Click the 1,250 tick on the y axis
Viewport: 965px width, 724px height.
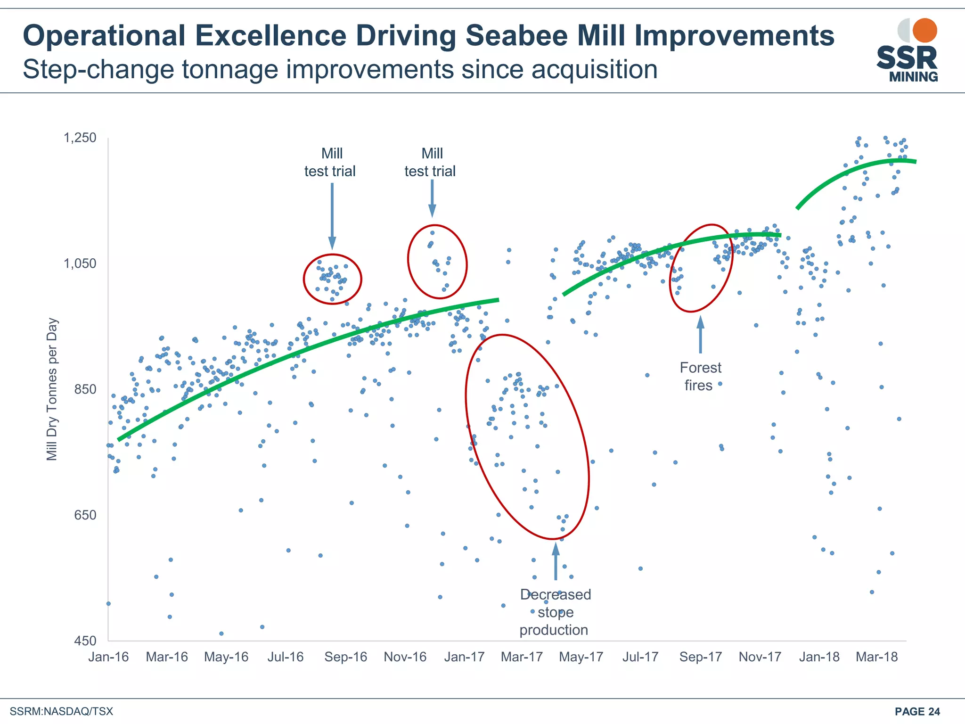[x=80, y=138]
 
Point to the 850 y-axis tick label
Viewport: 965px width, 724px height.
[x=85, y=389]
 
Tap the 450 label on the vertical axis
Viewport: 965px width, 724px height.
[x=85, y=641]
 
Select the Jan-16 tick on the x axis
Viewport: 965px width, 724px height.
[x=108, y=657]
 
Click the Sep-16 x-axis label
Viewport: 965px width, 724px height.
[x=345, y=657]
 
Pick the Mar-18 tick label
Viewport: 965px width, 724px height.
[x=876, y=657]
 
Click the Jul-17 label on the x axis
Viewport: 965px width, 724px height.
[x=640, y=657]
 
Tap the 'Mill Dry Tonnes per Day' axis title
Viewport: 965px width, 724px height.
[x=52, y=389]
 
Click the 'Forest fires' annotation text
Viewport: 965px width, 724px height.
[x=700, y=376]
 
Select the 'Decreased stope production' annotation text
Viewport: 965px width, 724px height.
[x=555, y=612]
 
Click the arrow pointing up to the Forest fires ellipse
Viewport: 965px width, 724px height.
[x=701, y=335]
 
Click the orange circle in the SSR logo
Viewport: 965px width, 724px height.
[x=924, y=31]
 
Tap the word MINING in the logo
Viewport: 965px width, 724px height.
[x=913, y=77]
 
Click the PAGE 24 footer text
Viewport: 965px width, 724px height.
[x=917, y=711]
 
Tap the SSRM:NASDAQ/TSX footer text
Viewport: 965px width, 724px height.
[x=61, y=711]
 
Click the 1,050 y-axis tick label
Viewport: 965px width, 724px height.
[x=80, y=263]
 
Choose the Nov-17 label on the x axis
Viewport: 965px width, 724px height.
[x=760, y=657]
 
